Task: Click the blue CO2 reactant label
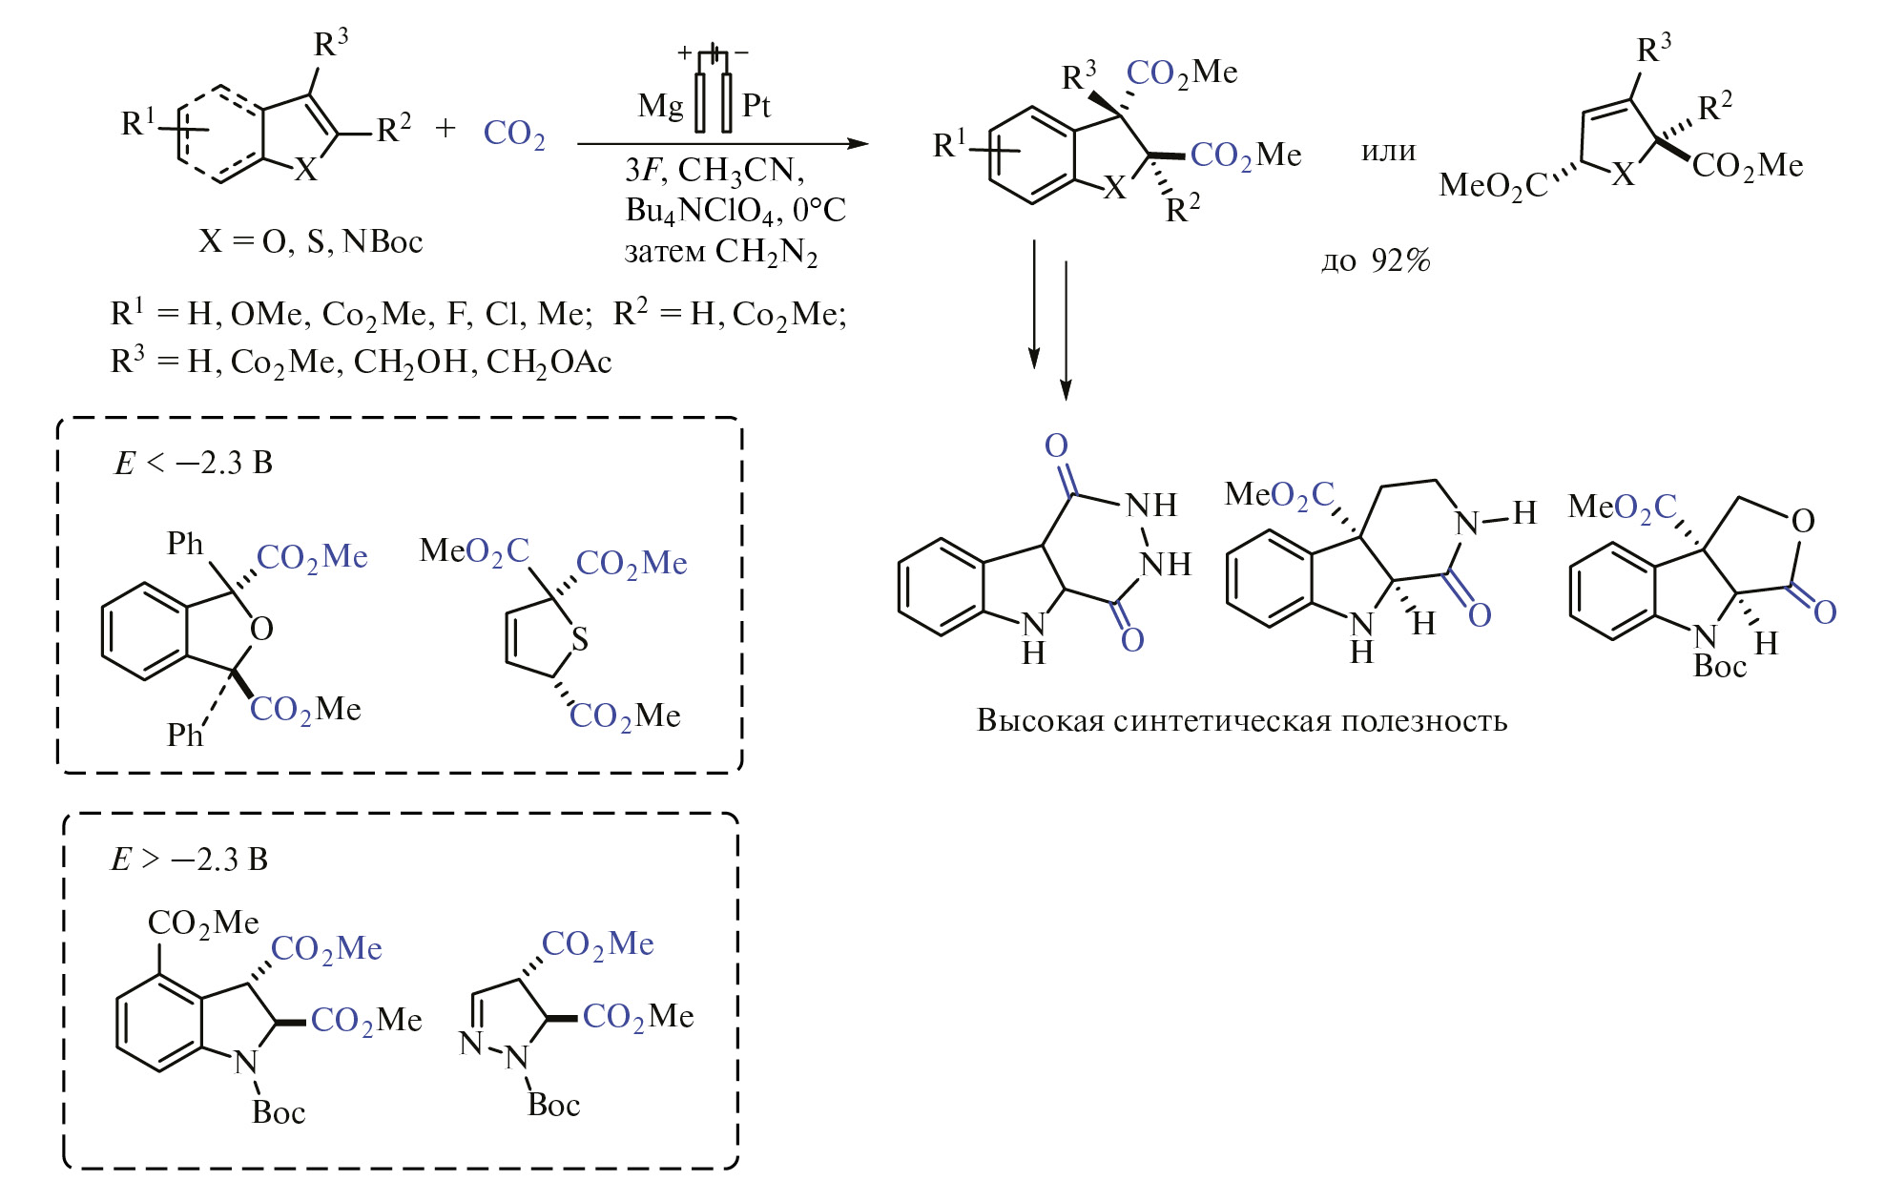tap(513, 134)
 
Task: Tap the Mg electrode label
tap(660, 105)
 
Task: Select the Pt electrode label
tap(756, 105)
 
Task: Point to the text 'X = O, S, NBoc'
tap(310, 241)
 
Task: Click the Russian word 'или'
tap(1388, 151)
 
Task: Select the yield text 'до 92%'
tap(1376, 260)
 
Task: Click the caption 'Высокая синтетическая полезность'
tap(1241, 720)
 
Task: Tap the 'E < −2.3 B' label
tap(194, 464)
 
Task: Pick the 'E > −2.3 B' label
tap(190, 860)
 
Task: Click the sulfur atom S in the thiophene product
tap(579, 639)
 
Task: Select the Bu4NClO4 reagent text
tap(706, 211)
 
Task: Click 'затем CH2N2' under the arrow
tap(720, 253)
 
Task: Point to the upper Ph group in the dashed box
tap(185, 544)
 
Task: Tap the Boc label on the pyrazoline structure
tap(553, 1105)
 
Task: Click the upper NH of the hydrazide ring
tap(1151, 506)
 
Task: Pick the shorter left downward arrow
tap(1034, 303)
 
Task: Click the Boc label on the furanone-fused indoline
tap(1719, 667)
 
